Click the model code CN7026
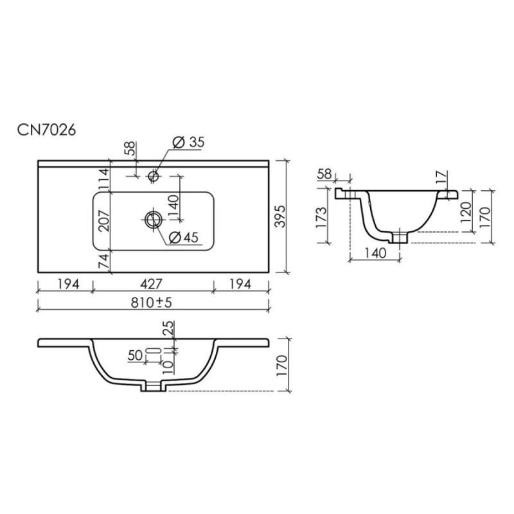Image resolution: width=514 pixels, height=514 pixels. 46,130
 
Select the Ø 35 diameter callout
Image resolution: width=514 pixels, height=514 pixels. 188,142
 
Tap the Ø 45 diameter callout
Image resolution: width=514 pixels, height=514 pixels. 184,237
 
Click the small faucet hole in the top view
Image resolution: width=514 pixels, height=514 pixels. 153,176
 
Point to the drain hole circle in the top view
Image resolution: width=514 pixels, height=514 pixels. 153,219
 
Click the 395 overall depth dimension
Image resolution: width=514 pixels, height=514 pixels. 280,217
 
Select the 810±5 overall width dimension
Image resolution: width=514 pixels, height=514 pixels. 152,303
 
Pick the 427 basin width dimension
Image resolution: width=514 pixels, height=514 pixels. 152,284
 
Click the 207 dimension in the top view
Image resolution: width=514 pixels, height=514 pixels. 105,221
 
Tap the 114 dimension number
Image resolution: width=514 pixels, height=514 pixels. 104,179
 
